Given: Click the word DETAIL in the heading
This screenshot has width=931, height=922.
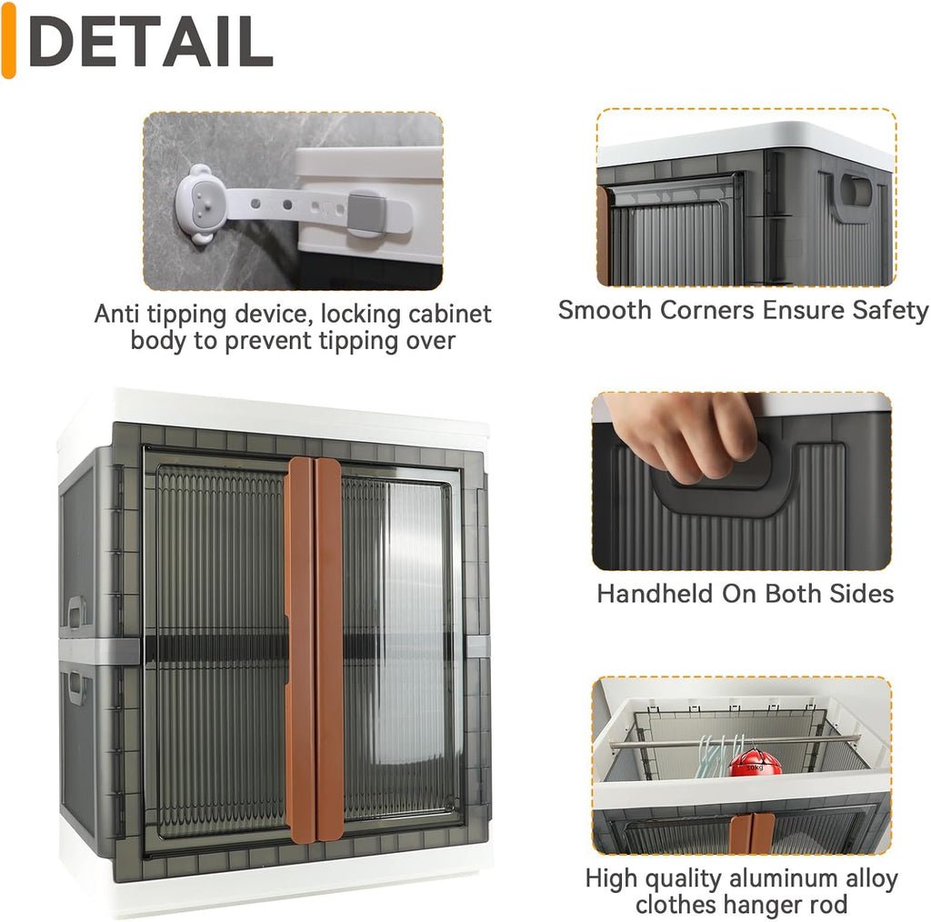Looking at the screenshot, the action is coord(151,42).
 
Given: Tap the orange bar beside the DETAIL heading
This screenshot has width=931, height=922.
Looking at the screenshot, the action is coord(8,40).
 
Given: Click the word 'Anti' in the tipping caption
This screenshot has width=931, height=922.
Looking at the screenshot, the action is coord(117,314).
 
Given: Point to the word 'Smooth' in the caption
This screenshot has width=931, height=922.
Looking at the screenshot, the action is coord(605,310).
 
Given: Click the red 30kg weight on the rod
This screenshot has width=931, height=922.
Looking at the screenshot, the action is coord(755,762).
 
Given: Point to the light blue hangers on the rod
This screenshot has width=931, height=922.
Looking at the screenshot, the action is coord(717,756).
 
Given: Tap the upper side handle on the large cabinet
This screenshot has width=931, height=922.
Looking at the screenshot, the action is coord(76,613).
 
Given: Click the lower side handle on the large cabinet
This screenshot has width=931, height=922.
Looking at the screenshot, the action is coord(77,688).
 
